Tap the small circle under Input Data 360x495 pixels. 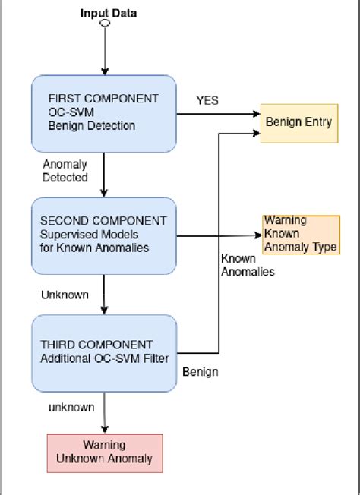pos(104,24)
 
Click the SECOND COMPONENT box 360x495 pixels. pos(103,235)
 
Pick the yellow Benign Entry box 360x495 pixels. pos(298,121)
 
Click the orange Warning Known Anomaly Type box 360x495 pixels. pos(300,234)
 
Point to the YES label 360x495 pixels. pos(207,100)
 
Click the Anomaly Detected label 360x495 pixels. pos(65,171)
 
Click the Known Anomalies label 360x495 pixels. pos(247,265)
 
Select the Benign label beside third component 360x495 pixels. pos(201,372)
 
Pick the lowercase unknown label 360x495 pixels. pos(71,407)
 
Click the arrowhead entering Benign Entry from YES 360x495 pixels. pos(257,114)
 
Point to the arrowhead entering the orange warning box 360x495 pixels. pos(258,235)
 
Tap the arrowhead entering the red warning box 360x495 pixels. pos(104,429)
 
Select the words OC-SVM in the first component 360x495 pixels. pos(69,112)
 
